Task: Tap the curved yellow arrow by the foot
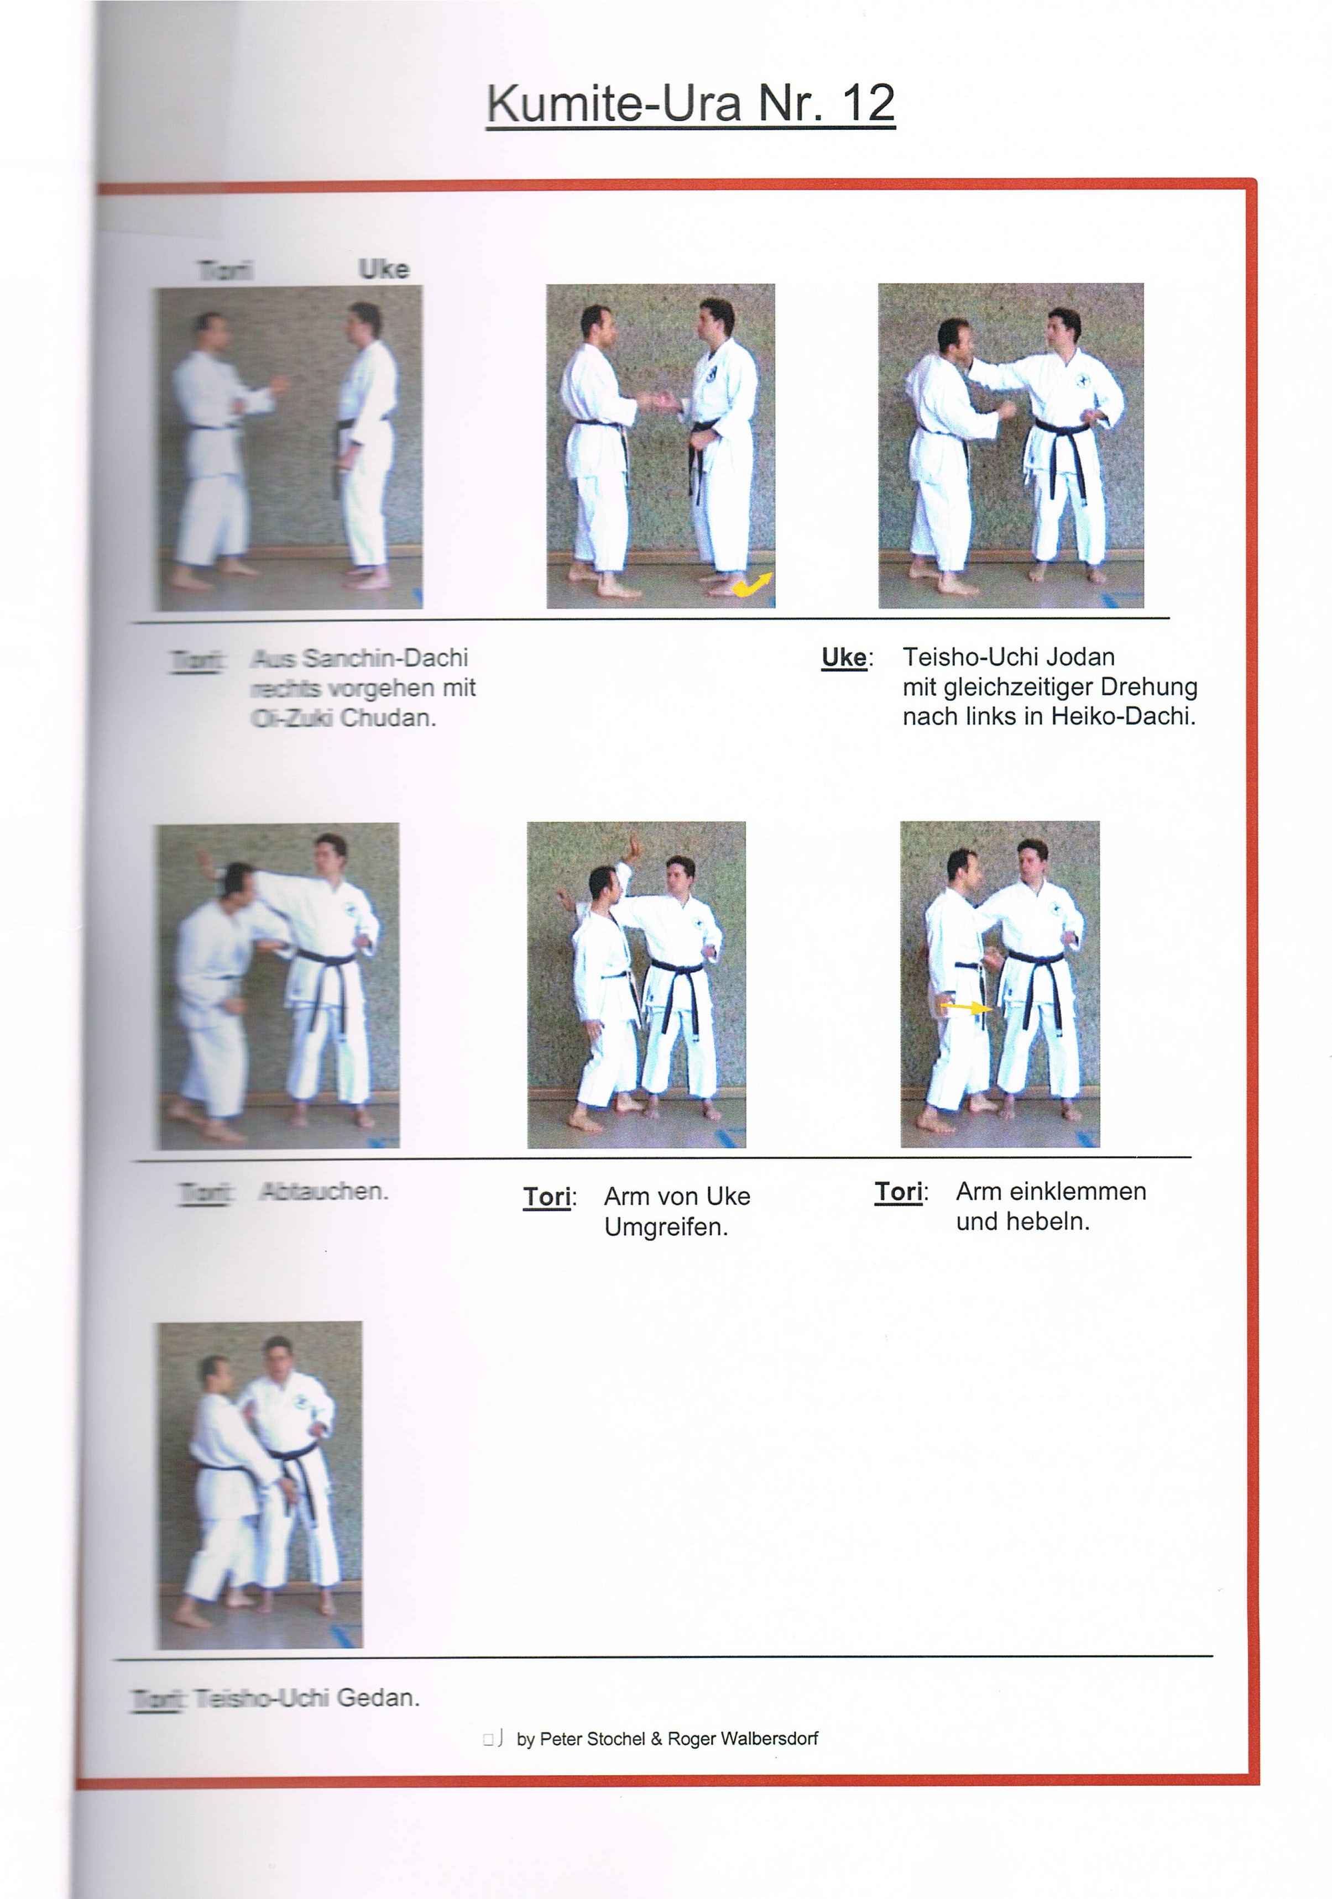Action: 751,585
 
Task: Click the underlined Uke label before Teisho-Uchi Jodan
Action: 843,658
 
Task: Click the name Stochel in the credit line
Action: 615,1739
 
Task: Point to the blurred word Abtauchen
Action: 323,1192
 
